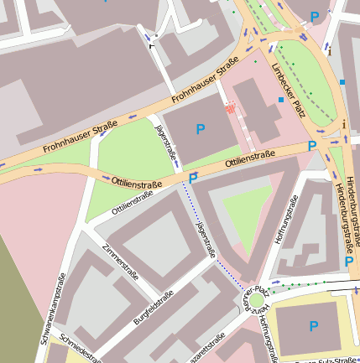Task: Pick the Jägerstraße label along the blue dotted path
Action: [x=205, y=239]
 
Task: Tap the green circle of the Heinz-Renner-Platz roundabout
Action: [x=255, y=300]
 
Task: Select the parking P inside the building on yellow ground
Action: [x=314, y=326]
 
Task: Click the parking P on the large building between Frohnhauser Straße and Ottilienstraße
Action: [x=200, y=128]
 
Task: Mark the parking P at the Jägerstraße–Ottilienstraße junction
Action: [x=193, y=179]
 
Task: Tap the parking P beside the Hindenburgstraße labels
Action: [x=348, y=262]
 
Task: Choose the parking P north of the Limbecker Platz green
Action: [x=315, y=16]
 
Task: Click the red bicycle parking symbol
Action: [x=230, y=107]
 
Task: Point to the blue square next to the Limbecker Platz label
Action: [x=281, y=101]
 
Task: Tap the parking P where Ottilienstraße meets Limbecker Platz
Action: [x=312, y=146]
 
